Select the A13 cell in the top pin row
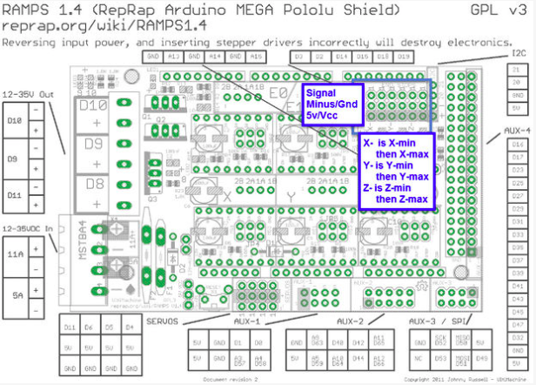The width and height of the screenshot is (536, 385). tap(173, 57)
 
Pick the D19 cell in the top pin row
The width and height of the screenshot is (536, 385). tap(403, 57)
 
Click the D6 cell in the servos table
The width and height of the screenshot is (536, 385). tap(88, 326)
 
